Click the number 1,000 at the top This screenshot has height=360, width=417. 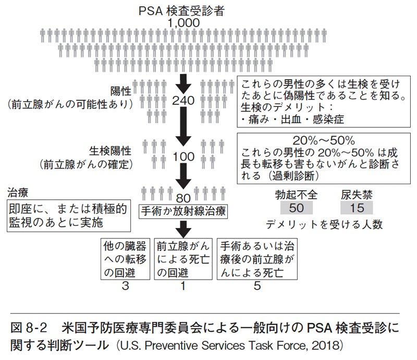click(183, 22)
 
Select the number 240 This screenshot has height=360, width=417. click(183, 101)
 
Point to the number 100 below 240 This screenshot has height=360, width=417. click(183, 156)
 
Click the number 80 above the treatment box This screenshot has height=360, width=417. click(183, 198)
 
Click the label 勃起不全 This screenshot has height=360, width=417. click(296, 194)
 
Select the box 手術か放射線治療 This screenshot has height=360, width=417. click(183, 211)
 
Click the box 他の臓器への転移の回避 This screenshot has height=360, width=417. click(125, 258)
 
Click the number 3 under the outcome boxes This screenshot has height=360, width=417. click(125, 286)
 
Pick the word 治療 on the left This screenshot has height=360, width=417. click(17, 191)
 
